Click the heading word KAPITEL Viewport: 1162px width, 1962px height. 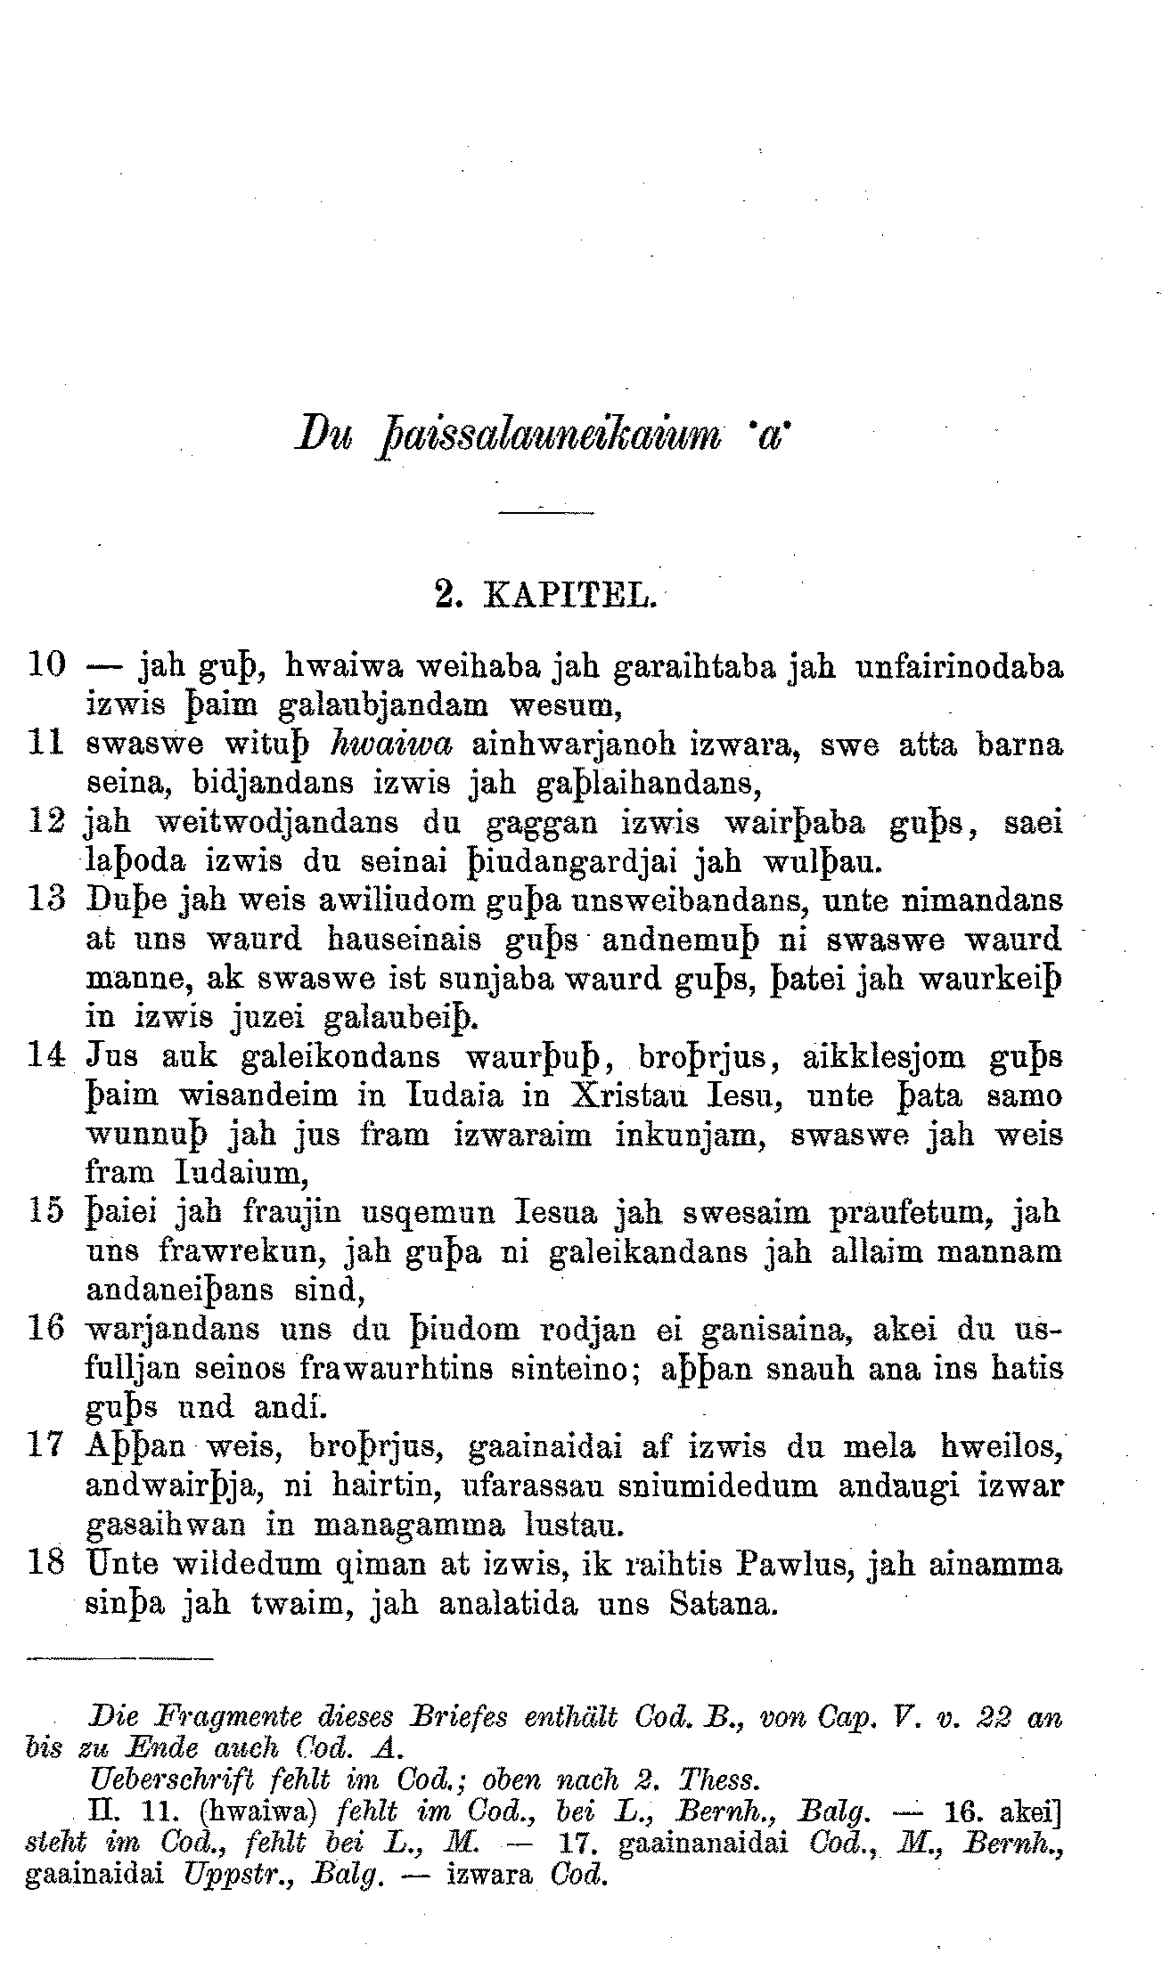click(570, 595)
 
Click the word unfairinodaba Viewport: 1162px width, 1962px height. click(959, 665)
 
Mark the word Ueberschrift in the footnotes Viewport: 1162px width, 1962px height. click(169, 1781)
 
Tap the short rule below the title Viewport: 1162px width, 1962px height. click(545, 512)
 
